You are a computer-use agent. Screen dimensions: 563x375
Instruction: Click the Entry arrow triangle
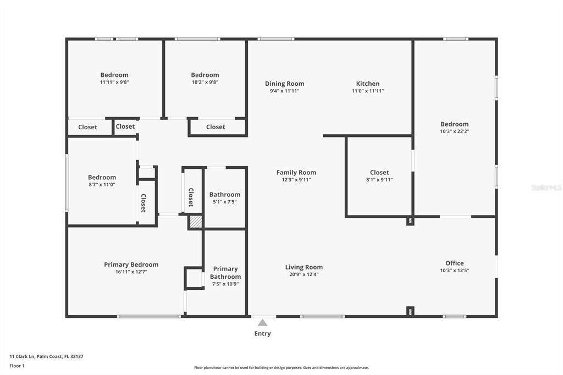(x=262, y=323)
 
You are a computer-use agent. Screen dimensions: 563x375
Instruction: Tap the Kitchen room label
(x=368, y=84)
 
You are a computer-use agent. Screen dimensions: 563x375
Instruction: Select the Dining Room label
(x=284, y=84)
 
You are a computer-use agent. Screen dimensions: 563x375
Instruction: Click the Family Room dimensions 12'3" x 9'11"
(x=296, y=180)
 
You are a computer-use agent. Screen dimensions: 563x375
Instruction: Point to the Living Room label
(x=303, y=267)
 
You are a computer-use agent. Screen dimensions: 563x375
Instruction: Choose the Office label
(x=455, y=263)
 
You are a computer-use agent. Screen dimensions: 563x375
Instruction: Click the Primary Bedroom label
(x=131, y=264)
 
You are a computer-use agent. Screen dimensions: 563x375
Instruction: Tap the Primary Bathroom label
(x=225, y=273)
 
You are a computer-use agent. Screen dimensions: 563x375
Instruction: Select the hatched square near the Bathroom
(x=196, y=221)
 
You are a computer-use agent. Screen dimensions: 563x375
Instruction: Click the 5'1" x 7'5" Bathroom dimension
(x=225, y=202)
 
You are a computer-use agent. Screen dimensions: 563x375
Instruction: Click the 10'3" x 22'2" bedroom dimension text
(x=455, y=131)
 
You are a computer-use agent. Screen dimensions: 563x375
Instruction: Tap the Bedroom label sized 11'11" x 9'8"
(x=114, y=75)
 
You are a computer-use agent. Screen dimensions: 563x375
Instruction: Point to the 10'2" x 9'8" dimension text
(x=205, y=82)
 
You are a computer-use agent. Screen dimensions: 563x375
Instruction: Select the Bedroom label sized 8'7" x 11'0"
(x=102, y=178)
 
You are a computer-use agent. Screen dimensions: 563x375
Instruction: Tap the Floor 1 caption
(x=17, y=366)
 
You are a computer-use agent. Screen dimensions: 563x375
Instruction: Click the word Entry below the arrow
(x=262, y=334)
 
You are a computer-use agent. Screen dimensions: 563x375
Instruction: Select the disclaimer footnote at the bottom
(x=281, y=368)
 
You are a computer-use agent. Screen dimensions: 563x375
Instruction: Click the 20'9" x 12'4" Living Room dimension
(x=303, y=274)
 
